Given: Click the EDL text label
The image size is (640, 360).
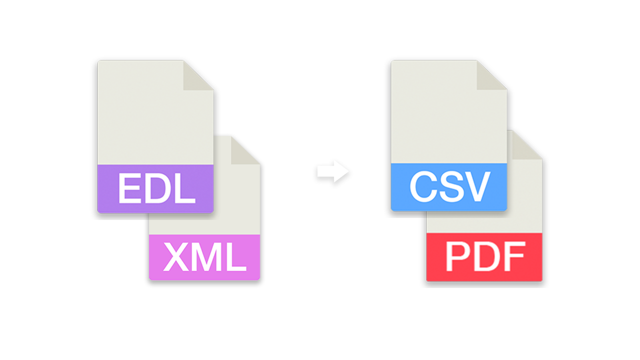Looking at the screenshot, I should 156,188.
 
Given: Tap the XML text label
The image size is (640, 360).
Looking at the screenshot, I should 205,257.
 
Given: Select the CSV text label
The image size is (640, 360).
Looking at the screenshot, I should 449,186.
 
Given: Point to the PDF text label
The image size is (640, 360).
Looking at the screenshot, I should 485,257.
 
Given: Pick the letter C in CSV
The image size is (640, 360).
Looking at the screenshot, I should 421,186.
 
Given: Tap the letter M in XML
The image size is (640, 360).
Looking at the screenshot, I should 205,257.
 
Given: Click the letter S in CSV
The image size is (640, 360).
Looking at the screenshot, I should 448,186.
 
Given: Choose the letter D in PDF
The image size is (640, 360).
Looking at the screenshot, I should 484,257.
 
